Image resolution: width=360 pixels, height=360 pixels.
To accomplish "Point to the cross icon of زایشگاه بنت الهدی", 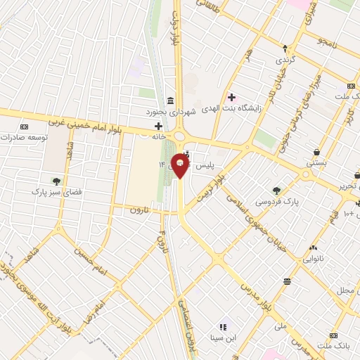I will click(x=231, y=96).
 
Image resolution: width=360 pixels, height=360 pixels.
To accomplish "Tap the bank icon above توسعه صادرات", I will click(x=25, y=127).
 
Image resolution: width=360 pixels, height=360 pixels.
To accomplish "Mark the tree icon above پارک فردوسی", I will click(x=276, y=190).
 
